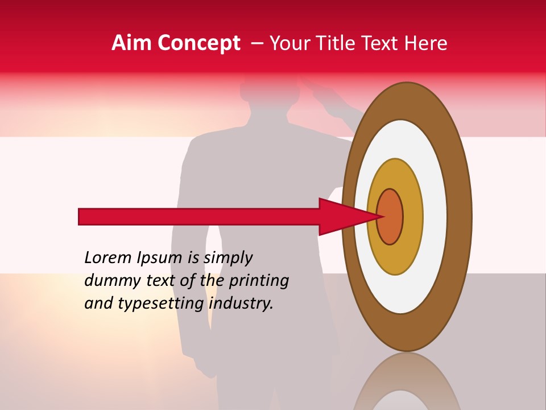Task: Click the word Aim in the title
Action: click(131, 43)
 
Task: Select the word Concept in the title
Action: click(198, 43)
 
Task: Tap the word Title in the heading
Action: click(334, 43)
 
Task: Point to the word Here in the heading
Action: click(425, 43)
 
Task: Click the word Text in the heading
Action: click(380, 43)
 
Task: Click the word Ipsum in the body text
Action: click(160, 258)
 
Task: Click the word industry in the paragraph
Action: click(240, 304)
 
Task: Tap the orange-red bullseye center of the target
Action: click(390, 216)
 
